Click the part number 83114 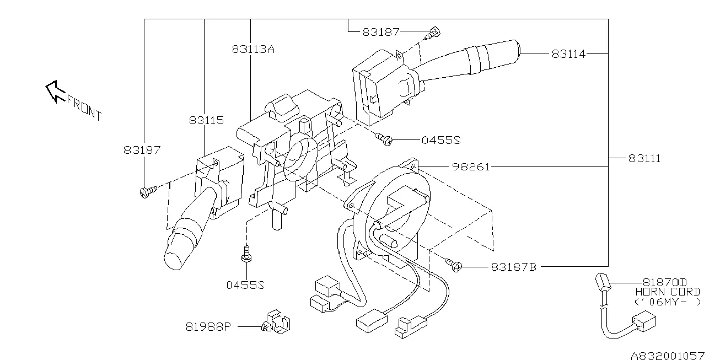568,54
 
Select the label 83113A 253,49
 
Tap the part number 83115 206,120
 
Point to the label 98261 471,167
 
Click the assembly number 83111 644,158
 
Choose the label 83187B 514,267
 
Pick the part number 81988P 208,327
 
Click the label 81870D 664,282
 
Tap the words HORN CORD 668,292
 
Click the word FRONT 84,108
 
